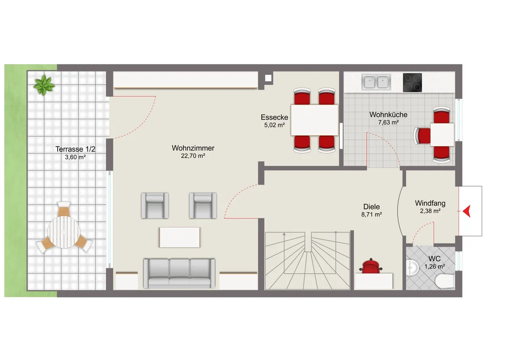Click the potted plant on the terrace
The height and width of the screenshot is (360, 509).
(44, 85)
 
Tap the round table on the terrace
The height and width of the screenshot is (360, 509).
(64, 232)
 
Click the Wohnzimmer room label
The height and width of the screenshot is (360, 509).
(193, 148)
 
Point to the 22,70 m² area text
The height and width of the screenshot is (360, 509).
(193, 156)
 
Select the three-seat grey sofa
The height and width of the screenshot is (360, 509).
(179, 273)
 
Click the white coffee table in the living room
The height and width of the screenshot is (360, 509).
(179, 237)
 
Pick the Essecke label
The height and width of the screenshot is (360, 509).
(274, 117)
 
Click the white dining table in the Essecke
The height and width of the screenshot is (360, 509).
(315, 120)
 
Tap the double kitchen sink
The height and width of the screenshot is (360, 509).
(376, 82)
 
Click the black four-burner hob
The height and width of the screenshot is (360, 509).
(412, 82)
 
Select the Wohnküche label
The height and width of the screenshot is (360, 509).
(389, 115)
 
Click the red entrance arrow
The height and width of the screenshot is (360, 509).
(467, 211)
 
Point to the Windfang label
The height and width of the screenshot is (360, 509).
(430, 203)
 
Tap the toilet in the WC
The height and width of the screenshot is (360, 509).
(445, 282)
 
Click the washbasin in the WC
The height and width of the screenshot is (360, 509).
(412, 267)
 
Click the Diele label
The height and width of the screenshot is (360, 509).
(371, 207)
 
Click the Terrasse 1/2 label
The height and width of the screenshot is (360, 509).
(75, 149)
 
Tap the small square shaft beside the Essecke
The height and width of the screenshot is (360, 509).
(268, 78)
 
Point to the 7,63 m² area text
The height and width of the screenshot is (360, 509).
(389, 123)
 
